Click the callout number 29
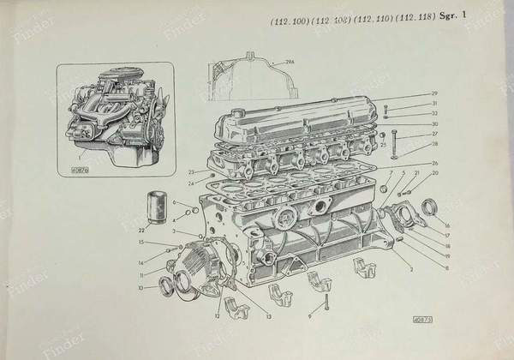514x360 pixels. (x=434, y=93)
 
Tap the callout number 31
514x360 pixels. (x=434, y=103)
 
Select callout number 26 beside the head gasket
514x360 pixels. (x=434, y=162)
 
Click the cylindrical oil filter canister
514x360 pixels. (x=154, y=210)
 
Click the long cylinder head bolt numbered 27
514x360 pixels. (x=395, y=143)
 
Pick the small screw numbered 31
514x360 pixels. (x=387, y=108)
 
